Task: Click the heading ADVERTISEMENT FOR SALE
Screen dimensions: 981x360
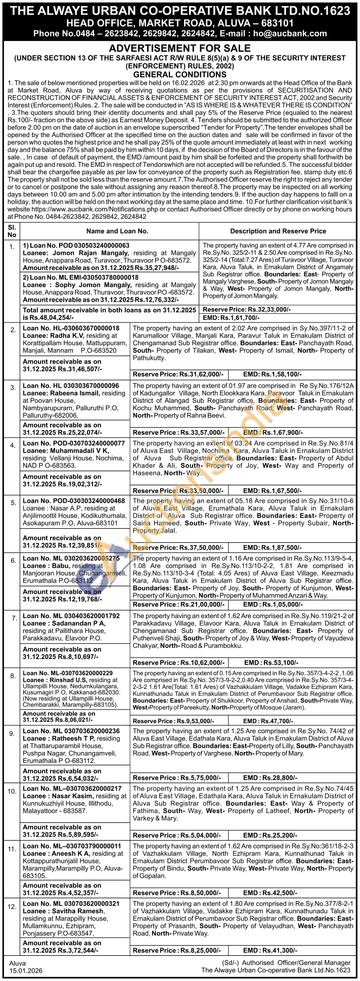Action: pyautogui.click(x=180, y=49)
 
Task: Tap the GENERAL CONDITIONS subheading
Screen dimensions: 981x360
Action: pyautogui.click(x=180, y=74)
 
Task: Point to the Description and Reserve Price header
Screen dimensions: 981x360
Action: pyautogui.click(x=278, y=231)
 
